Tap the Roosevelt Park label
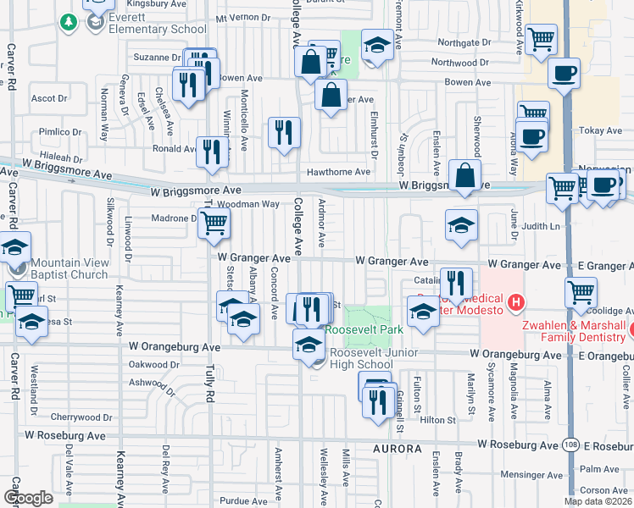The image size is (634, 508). tap(365, 329)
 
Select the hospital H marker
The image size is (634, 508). tap(514, 302)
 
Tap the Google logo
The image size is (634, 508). tap(29, 498)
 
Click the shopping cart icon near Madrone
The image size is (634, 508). tap(216, 224)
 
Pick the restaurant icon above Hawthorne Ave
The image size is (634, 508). tap(284, 132)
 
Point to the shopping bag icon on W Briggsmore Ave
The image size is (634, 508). tap(464, 176)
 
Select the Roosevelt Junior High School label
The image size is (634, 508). tap(362, 358)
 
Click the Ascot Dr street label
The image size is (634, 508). tap(43, 98)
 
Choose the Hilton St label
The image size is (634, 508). tap(438, 420)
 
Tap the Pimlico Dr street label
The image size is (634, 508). tap(53, 133)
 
